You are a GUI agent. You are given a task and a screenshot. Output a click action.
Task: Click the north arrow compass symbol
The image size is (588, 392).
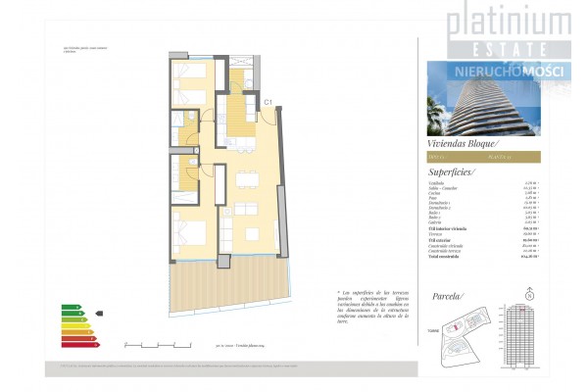[x=530, y=293]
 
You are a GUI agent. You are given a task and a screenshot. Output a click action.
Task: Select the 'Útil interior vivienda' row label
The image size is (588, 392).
[x=450, y=228]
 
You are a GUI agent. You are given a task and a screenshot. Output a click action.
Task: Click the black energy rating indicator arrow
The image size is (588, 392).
[x=99, y=316]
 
